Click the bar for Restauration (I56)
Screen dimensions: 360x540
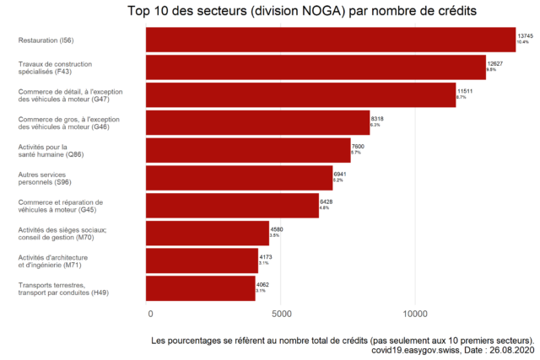point(331,40)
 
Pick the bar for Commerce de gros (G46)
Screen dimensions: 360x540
point(258,122)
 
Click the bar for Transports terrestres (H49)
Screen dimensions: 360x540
point(201,288)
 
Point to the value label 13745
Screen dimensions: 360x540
point(526,36)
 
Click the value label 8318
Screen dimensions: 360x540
point(378,119)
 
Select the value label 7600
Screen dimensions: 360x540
point(358,147)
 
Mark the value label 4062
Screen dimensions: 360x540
point(262,285)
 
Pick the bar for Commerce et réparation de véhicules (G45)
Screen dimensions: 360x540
point(232,206)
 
